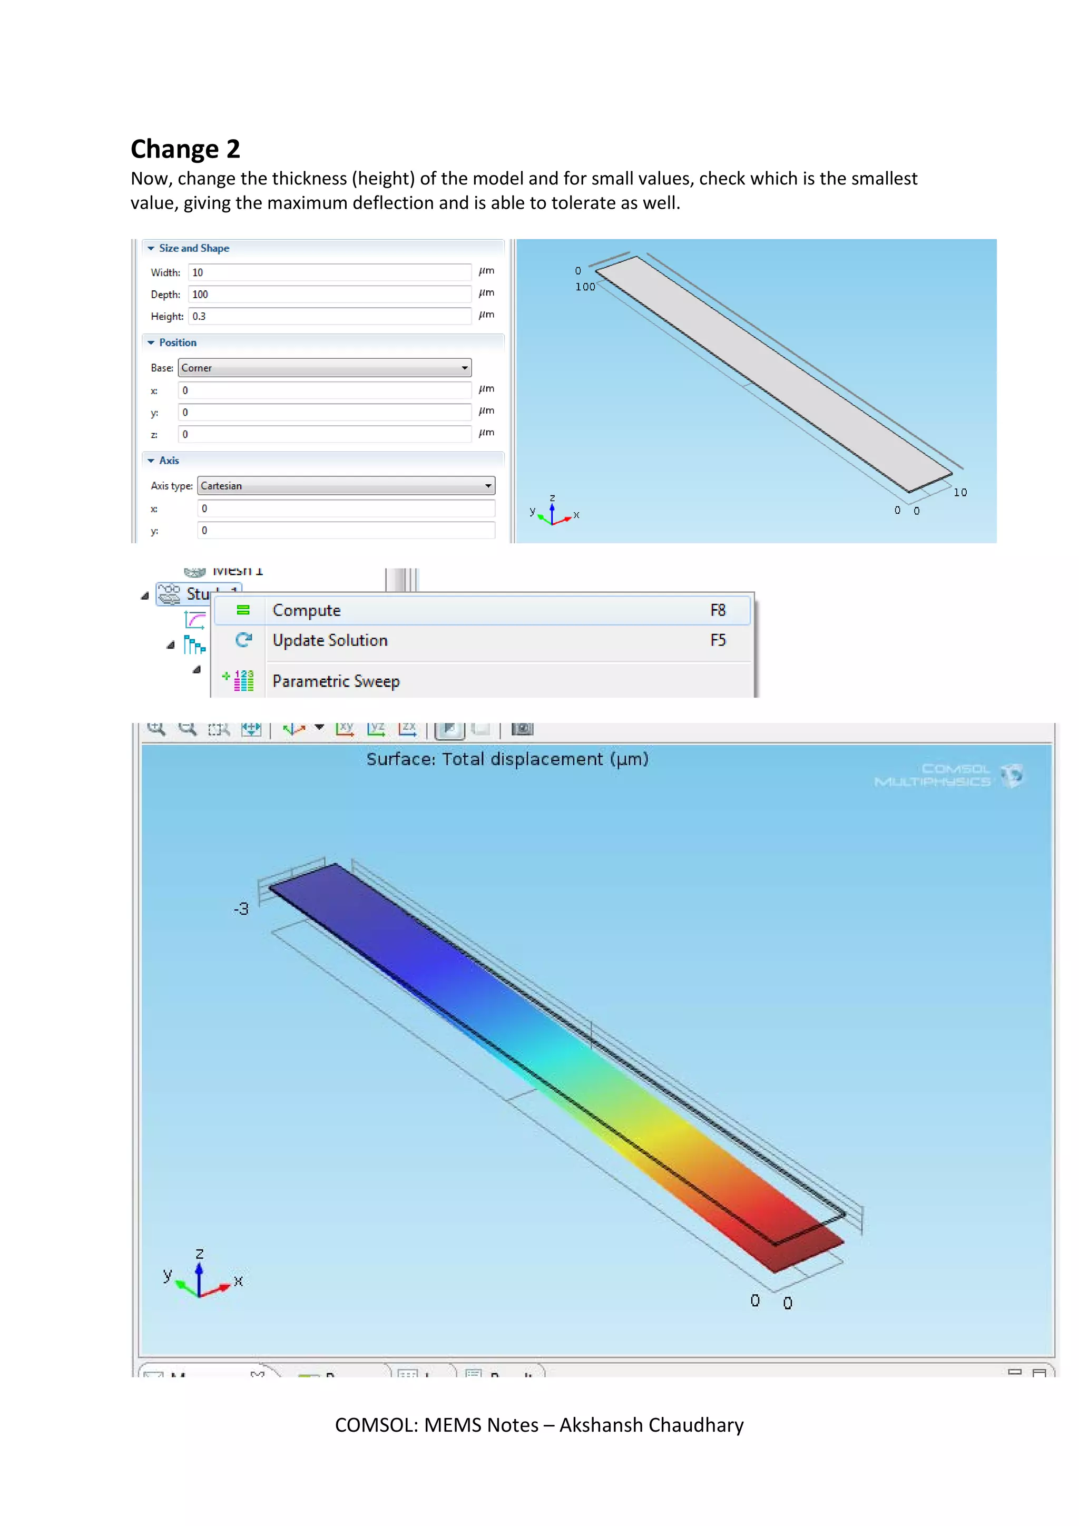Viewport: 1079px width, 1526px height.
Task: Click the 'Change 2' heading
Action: tap(185, 149)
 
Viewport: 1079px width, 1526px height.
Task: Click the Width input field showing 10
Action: tap(329, 272)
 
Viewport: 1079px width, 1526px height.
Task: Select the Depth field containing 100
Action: tap(329, 295)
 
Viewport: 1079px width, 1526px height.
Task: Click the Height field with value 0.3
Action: tap(329, 316)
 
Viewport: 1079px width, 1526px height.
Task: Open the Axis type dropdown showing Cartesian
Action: tap(346, 486)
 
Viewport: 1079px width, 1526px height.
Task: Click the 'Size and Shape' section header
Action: tap(193, 248)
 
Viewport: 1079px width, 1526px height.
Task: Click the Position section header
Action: tap(178, 343)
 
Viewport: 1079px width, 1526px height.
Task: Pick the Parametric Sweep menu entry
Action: tap(336, 681)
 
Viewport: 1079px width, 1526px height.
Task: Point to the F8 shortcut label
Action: tap(718, 610)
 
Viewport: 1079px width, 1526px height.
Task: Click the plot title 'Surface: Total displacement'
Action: tap(507, 759)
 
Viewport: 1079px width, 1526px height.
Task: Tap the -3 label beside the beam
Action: tap(241, 908)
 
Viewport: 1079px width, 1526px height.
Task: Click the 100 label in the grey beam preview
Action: tap(585, 287)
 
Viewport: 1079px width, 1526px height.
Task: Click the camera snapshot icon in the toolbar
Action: tap(522, 729)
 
